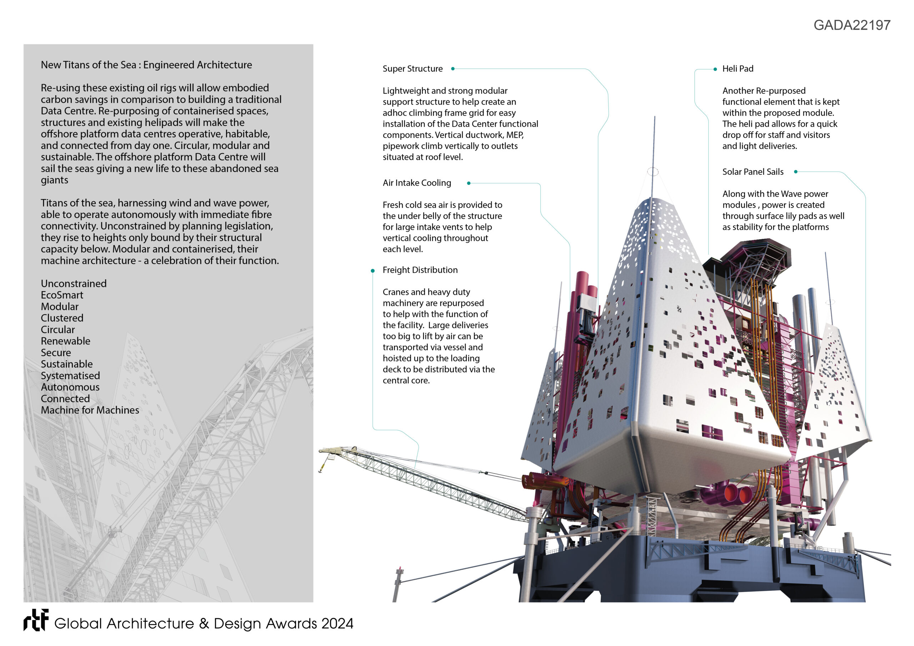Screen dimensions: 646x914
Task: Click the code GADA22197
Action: [x=852, y=25]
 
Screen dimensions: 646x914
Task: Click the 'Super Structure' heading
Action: [x=412, y=69]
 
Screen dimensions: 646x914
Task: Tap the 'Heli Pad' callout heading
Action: [x=738, y=69]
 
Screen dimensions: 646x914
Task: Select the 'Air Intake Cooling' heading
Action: [x=417, y=183]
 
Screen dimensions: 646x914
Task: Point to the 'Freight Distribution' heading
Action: [x=420, y=270]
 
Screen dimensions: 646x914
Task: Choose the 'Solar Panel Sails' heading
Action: [x=752, y=172]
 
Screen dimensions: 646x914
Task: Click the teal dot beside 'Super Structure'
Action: [x=453, y=69]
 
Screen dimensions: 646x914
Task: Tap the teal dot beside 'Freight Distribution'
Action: [x=373, y=271]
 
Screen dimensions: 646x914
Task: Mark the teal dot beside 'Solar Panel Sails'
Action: [x=795, y=172]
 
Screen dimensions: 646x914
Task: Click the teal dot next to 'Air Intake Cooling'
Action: [x=468, y=183]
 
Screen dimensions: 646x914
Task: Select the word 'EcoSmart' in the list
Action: [x=62, y=295]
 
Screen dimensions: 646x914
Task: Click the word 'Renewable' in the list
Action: [x=65, y=341]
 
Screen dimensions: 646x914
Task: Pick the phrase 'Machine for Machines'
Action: [x=90, y=410]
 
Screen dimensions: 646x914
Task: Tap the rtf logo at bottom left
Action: [x=36, y=620]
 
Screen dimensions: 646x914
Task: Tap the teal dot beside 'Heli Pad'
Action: [x=715, y=69]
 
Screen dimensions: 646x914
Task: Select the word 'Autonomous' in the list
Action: [x=70, y=387]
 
